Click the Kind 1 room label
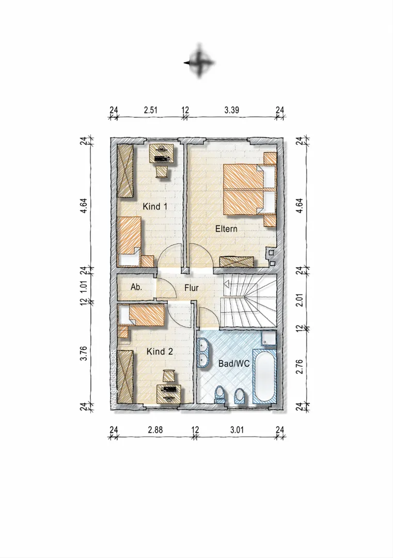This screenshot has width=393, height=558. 155,206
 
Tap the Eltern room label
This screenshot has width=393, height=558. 226,228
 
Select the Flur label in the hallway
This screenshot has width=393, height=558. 192,288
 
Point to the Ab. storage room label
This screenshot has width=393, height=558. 136,287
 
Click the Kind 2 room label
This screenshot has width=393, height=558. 160,352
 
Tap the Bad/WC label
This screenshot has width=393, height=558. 233,364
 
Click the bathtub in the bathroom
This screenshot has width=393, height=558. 264,376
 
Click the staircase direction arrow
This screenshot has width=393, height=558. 226,284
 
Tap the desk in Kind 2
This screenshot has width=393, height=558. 168,394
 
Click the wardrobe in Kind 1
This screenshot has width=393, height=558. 126,171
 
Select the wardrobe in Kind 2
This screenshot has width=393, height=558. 126,376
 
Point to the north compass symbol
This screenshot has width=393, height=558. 199,63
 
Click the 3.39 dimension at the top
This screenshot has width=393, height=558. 231,110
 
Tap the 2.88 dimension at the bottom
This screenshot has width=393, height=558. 155,429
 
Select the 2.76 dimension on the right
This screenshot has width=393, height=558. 300,366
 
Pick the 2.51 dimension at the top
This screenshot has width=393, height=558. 150,110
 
